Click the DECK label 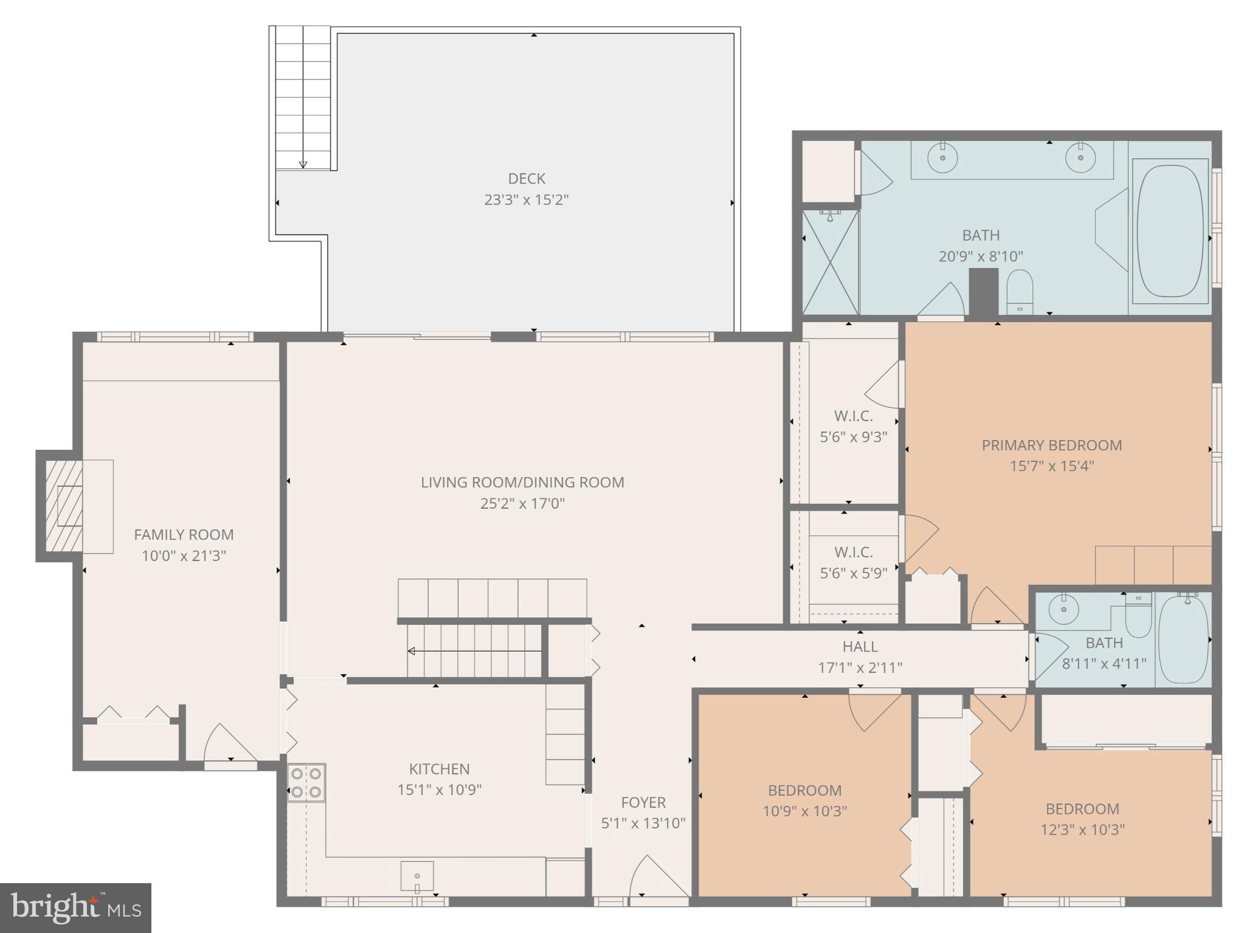[x=527, y=179]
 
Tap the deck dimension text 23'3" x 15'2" [x=527, y=200]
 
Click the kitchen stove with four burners [x=306, y=783]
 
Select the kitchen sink [x=417, y=876]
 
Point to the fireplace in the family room [x=64, y=506]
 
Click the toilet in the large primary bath [x=1020, y=292]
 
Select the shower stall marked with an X [x=831, y=263]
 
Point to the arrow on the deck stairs [x=303, y=164]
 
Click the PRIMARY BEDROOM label [x=1052, y=445]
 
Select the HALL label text [x=860, y=646]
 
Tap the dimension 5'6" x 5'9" [x=854, y=573]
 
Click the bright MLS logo [x=75, y=907]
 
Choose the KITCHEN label [x=439, y=769]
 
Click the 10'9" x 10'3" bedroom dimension [x=804, y=811]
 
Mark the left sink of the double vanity [x=942, y=158]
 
